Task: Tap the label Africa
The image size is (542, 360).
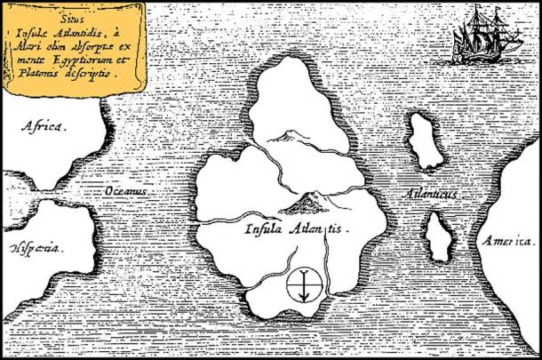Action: point(44,127)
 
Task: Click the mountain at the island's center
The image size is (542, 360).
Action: point(307,203)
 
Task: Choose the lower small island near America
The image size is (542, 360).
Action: point(437,236)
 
